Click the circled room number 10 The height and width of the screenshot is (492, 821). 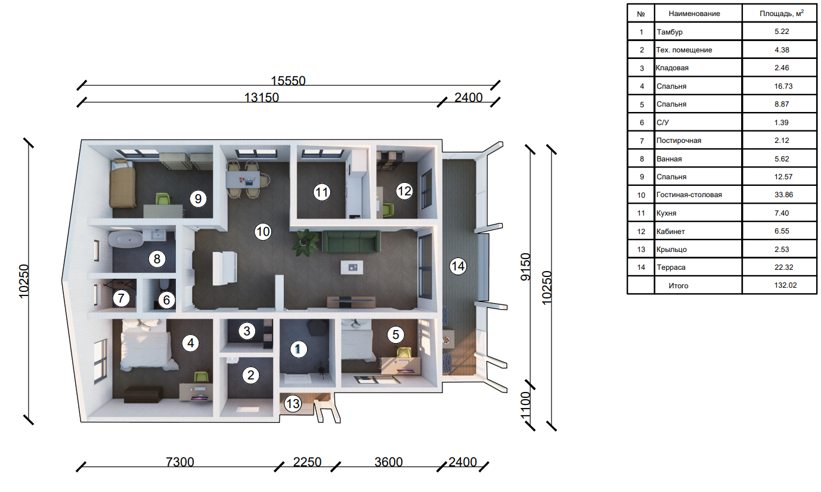(263, 232)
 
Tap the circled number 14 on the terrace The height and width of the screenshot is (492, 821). (458, 266)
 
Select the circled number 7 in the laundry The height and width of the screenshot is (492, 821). (121, 298)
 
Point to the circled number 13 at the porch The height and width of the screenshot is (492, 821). (293, 404)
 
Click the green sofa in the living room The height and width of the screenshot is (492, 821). (351, 241)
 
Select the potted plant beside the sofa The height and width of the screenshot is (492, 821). (305, 242)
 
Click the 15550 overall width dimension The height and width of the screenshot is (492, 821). (288, 80)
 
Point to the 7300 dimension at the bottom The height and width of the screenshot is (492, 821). (179, 462)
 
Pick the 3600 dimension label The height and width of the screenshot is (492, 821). (389, 462)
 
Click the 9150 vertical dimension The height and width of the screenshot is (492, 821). (526, 267)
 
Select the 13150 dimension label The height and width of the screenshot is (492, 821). (261, 97)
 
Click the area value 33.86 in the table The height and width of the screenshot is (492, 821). (783, 194)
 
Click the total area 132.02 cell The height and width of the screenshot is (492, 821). (785, 285)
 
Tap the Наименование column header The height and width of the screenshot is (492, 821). (694, 14)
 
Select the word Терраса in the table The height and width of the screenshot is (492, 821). (671, 267)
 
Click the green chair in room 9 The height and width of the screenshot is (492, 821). (163, 199)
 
